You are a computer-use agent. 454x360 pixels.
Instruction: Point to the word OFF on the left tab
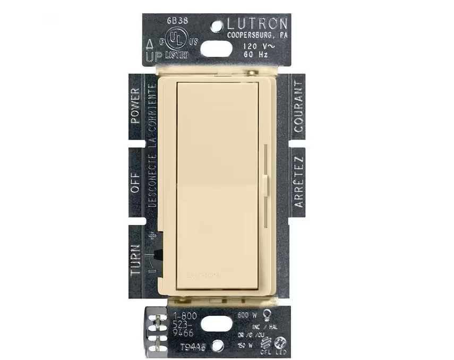tap(135, 181)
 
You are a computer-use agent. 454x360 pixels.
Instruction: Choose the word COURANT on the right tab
tap(299, 107)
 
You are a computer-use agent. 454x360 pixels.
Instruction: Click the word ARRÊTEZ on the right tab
tap(299, 181)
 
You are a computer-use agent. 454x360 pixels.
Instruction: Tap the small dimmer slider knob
tap(264, 179)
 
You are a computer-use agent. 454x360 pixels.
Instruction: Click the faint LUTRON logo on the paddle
tap(201, 276)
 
